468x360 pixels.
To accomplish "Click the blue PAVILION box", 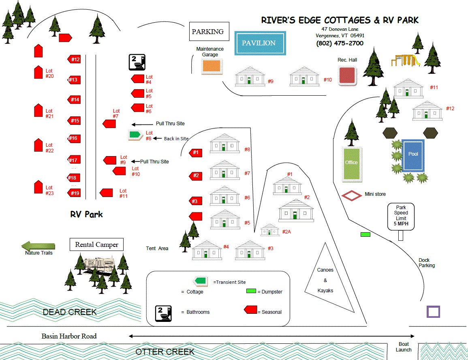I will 260,43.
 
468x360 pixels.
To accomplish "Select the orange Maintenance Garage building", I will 212,66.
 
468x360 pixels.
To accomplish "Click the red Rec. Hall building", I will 347,76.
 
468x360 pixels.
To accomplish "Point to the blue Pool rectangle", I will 413,155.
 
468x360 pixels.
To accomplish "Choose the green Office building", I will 351,164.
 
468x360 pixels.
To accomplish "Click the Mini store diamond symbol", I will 351,196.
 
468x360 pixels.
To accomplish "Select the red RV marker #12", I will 74,60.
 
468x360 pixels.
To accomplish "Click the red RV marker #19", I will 74,193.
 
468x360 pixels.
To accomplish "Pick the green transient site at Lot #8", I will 135,135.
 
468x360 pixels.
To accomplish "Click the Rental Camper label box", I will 97,244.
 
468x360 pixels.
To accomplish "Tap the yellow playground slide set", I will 405,60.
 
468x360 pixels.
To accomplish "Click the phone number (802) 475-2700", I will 340,43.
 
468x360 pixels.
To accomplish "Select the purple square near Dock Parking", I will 434,312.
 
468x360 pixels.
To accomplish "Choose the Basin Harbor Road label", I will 69,336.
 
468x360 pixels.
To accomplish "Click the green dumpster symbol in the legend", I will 252,291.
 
